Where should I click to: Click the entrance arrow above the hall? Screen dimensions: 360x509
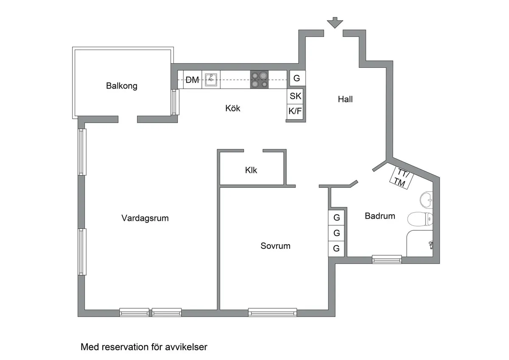[x=335, y=22]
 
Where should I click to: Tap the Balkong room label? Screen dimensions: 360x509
[x=122, y=86]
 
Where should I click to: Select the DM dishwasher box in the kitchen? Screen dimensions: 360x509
[x=193, y=80]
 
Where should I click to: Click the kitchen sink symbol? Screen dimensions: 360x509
[x=211, y=79]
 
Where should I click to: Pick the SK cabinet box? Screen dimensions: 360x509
[x=296, y=96]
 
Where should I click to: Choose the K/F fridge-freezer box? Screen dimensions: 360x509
[x=296, y=112]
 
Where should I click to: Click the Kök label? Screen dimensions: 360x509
[x=233, y=109]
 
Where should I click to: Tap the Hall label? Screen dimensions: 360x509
[x=345, y=100]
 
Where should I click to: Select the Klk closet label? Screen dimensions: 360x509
[x=251, y=170]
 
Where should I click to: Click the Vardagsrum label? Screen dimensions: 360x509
[x=145, y=218]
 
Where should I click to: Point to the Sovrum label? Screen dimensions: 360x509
[x=276, y=246]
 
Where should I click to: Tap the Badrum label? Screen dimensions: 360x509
[x=380, y=216]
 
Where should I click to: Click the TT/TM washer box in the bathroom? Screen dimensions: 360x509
[x=400, y=177]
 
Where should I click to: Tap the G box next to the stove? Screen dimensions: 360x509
[x=296, y=78]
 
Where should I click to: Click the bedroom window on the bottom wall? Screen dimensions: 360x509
[x=272, y=313]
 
